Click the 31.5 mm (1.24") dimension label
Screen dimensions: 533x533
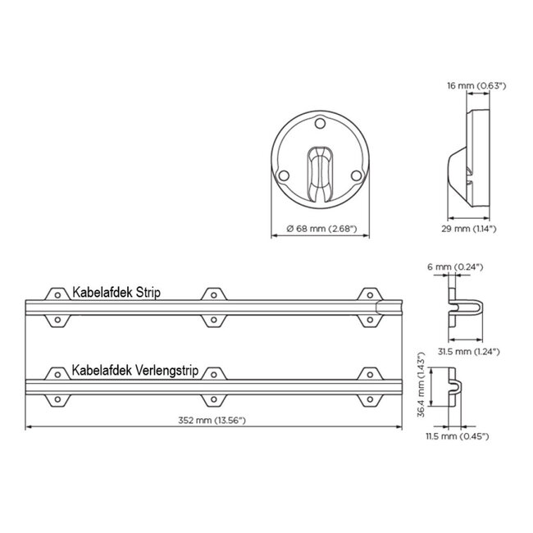pyautogui.click(x=467, y=350)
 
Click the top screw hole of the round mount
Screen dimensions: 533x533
pyautogui.click(x=320, y=125)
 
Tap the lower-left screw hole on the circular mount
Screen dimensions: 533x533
pyautogui.click(x=283, y=175)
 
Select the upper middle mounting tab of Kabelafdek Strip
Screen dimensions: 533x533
pyautogui.click(x=213, y=293)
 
